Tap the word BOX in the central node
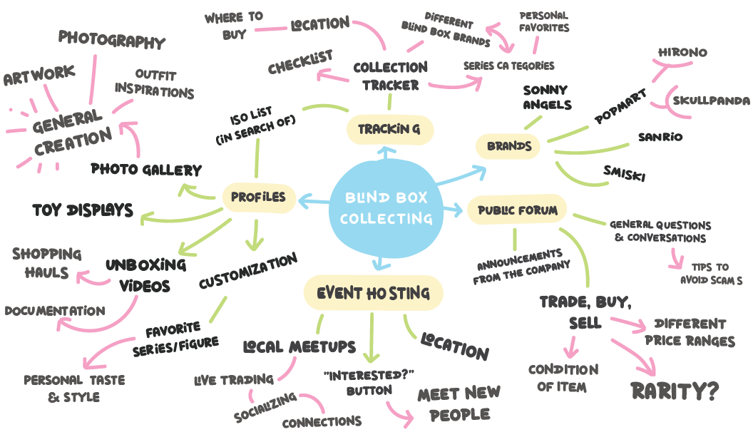pos(411,197)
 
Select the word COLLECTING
pos(386,218)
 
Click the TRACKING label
pos(389,129)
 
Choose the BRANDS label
pos(509,146)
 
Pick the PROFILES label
pos(258,197)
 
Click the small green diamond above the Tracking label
pos(389,102)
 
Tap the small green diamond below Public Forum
pos(511,239)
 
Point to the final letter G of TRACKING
pos(415,129)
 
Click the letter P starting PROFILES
pos(235,197)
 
